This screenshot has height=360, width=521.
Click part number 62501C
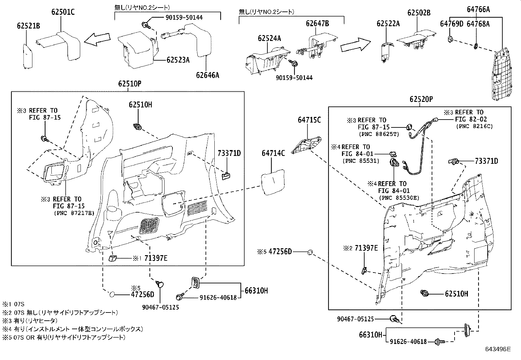point(63,12)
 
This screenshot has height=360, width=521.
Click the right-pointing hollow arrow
point(355,44)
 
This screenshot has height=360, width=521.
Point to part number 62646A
point(207,75)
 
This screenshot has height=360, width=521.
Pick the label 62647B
point(317,23)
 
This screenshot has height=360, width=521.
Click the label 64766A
point(478,9)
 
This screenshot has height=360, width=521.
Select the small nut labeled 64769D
point(450,39)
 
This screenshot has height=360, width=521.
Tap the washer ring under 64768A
point(476,45)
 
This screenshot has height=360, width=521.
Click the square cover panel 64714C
point(273,182)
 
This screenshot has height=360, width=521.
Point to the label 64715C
point(309,120)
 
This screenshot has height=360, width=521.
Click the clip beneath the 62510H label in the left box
point(138,126)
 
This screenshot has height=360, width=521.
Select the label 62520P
point(421,99)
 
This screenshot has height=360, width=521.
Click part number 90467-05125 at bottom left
point(160,308)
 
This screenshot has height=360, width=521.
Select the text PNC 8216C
point(474,126)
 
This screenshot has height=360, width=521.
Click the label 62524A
point(269,38)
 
